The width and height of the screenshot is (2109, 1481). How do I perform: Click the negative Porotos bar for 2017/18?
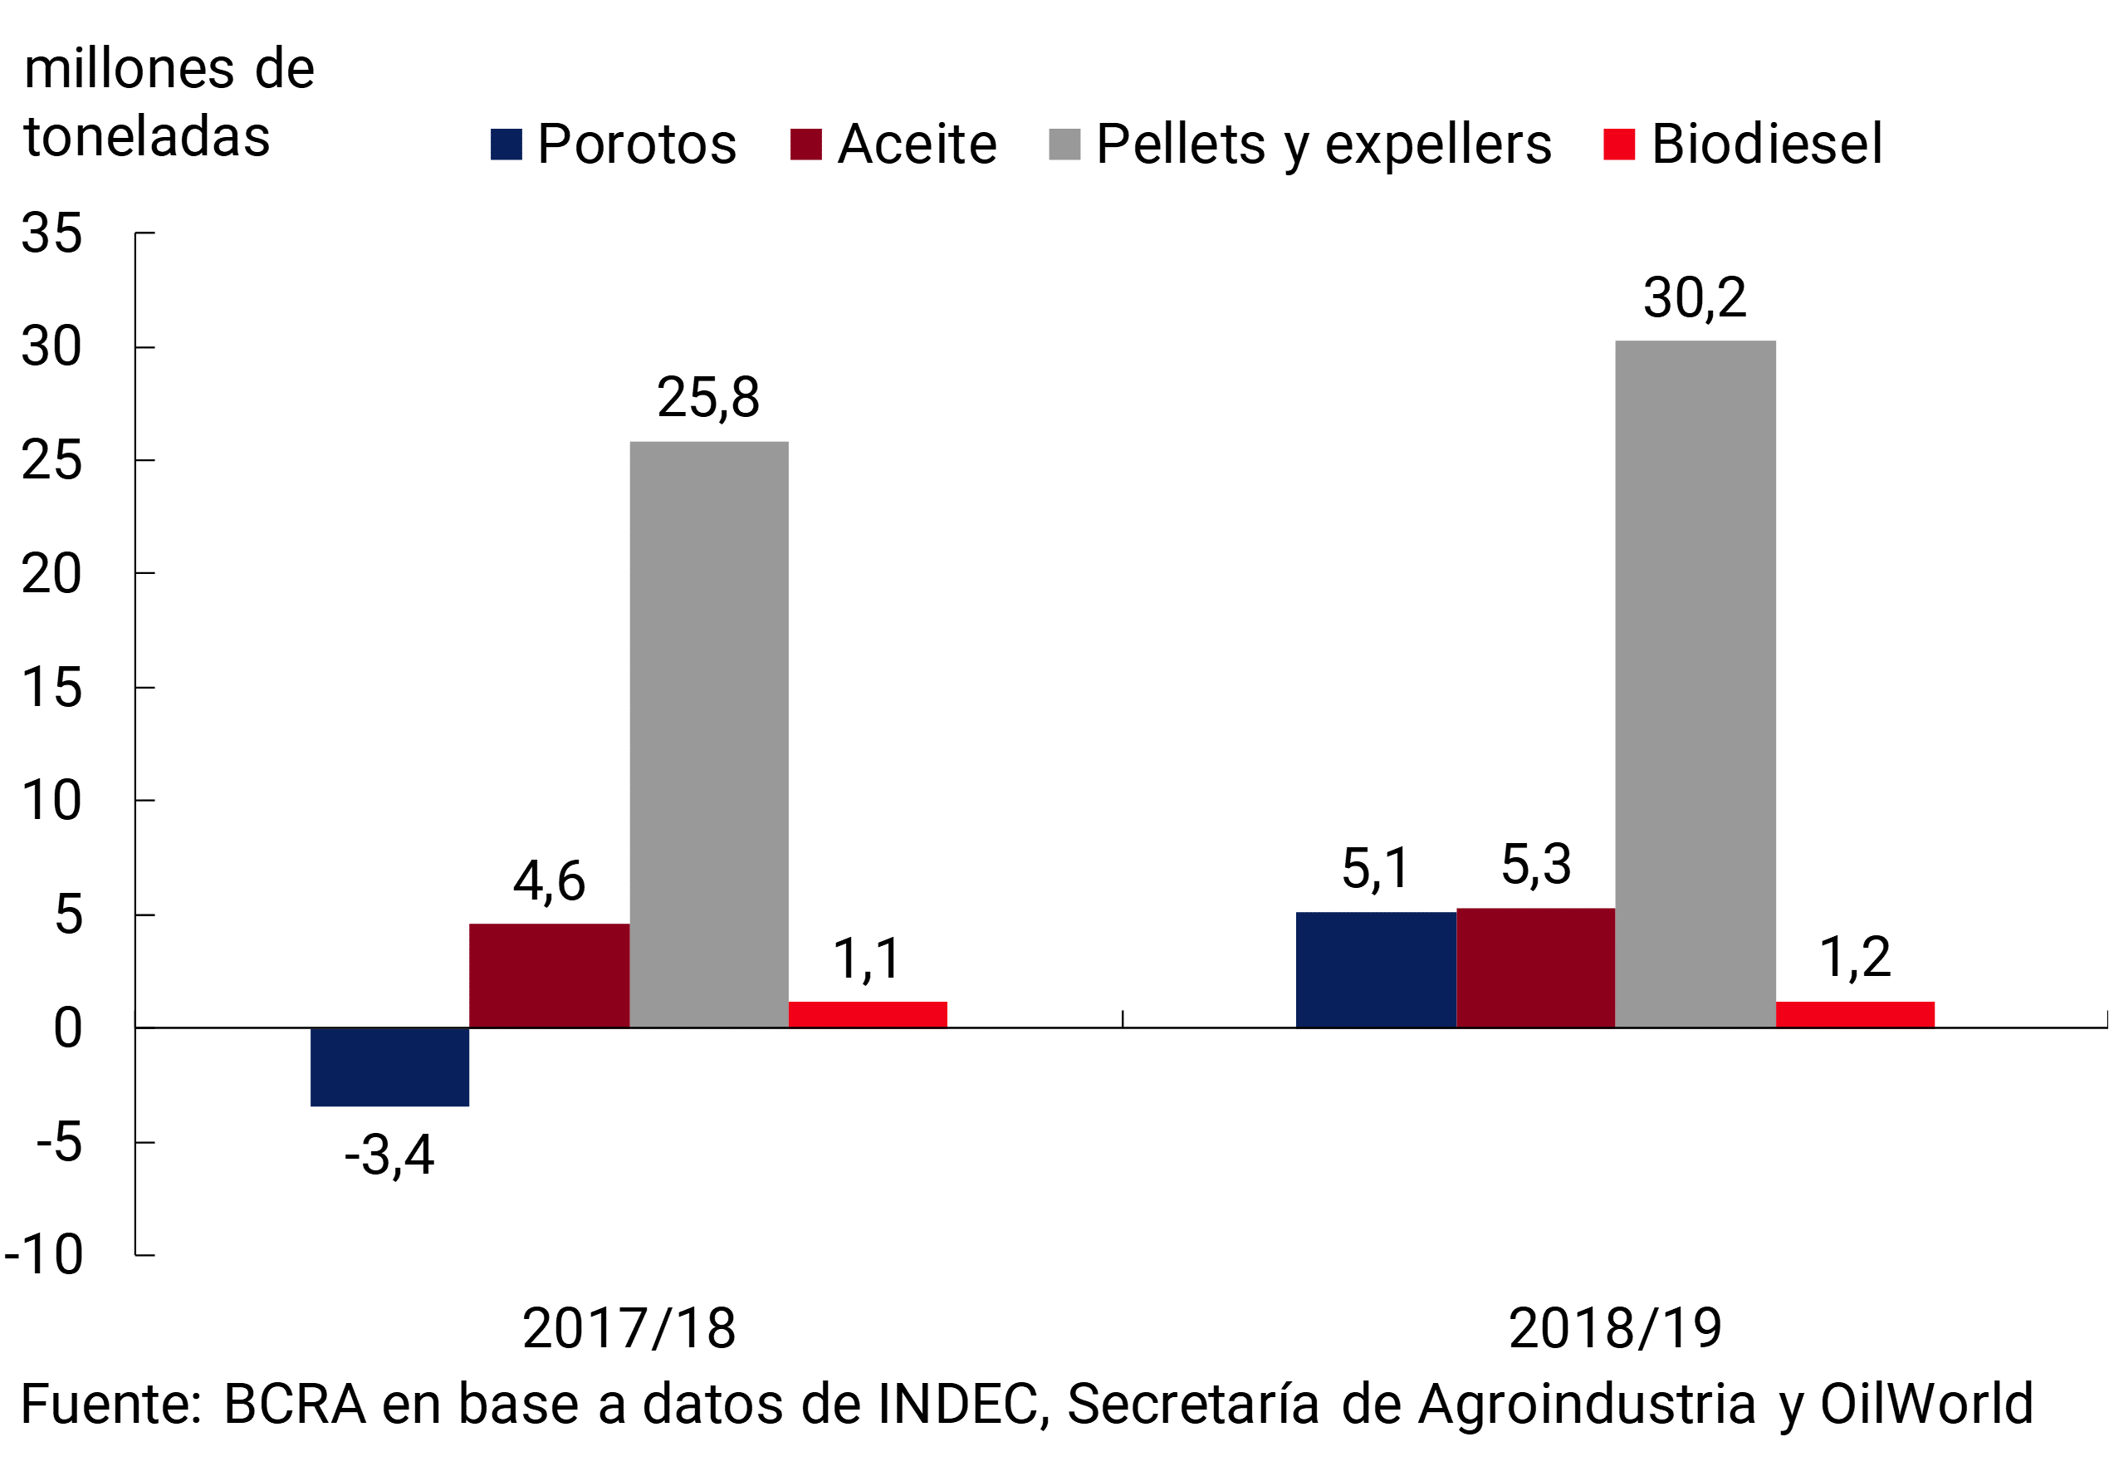[389, 1067]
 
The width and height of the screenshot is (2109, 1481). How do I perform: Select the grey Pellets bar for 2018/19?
[1695, 684]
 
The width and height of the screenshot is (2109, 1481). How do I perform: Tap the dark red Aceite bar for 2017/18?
[550, 975]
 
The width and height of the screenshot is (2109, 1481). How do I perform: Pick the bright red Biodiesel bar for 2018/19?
[1855, 1014]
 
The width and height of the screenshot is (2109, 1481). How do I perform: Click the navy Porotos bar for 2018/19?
[1375, 969]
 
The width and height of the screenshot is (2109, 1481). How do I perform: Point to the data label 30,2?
[1695, 297]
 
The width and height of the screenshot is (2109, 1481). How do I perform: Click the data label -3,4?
[389, 1155]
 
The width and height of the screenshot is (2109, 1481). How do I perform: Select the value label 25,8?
[708, 398]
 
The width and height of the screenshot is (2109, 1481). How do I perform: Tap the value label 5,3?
[1536, 865]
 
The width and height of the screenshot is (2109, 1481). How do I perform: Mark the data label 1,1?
[867, 959]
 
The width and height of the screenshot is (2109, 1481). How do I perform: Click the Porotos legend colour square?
[506, 145]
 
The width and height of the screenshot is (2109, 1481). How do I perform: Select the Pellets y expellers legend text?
[1324, 145]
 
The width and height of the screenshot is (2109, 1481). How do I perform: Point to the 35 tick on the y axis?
[51, 233]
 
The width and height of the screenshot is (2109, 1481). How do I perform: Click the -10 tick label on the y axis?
[44, 1254]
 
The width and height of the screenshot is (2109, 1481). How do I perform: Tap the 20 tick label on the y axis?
[51, 574]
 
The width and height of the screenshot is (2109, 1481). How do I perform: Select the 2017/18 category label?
[629, 1328]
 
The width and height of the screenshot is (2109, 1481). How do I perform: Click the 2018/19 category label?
[1615, 1328]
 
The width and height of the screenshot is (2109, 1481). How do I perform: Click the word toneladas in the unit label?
[147, 137]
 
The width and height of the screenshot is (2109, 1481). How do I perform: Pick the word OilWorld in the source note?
[1927, 1404]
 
